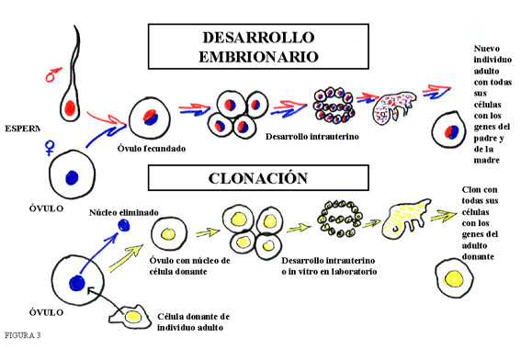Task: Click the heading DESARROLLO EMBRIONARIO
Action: coord(259,46)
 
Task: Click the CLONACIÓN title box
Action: coord(259,176)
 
